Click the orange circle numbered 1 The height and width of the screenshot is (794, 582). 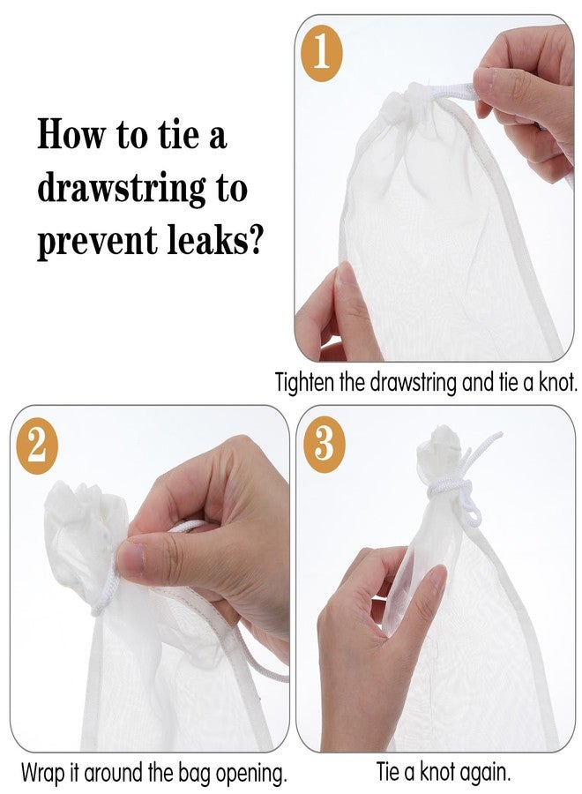click(323, 53)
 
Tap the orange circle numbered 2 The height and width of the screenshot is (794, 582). click(35, 446)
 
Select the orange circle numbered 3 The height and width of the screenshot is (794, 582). click(324, 444)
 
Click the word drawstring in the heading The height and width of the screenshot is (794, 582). click(122, 189)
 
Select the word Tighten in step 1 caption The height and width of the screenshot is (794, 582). click(304, 382)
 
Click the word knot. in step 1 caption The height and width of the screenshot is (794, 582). click(556, 381)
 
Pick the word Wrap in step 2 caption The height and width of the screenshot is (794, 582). click(43, 773)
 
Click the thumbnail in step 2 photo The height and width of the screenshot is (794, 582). click(131, 559)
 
